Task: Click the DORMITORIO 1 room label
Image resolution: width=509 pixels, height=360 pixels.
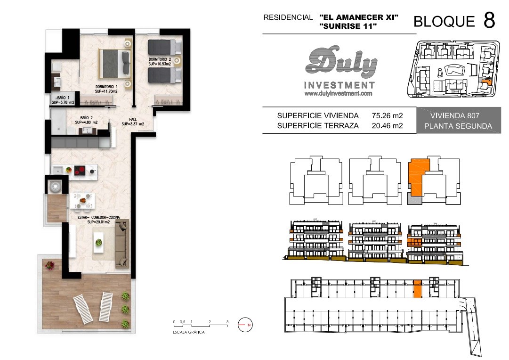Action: click(106, 89)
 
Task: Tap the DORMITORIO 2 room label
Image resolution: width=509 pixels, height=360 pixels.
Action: click(160, 62)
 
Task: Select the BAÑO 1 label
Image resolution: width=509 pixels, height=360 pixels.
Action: click(63, 100)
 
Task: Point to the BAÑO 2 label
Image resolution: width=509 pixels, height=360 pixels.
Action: click(86, 120)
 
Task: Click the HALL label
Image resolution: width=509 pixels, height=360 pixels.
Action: click(133, 122)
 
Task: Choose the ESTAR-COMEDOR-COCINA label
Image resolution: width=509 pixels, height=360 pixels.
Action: click(99, 220)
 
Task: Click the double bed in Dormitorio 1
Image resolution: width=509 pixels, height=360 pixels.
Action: click(114, 63)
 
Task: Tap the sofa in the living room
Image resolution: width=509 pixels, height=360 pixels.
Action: click(122, 243)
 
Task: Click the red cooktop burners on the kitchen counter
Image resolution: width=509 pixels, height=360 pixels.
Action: click(80, 170)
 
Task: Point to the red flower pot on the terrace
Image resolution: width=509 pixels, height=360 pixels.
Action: click(49, 265)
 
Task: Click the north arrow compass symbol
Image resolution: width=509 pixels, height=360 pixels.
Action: click(245, 325)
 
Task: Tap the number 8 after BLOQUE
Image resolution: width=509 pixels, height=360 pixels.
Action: click(489, 20)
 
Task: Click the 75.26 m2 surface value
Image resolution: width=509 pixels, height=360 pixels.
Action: click(387, 115)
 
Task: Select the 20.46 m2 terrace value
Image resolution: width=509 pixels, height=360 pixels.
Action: click(387, 126)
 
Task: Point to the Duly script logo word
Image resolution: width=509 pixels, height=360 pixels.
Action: click(341, 62)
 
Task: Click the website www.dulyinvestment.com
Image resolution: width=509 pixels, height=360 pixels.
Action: click(338, 94)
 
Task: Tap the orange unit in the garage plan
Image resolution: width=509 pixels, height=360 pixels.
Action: click(418, 289)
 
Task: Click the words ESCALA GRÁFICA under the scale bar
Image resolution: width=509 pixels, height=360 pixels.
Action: click(189, 332)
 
